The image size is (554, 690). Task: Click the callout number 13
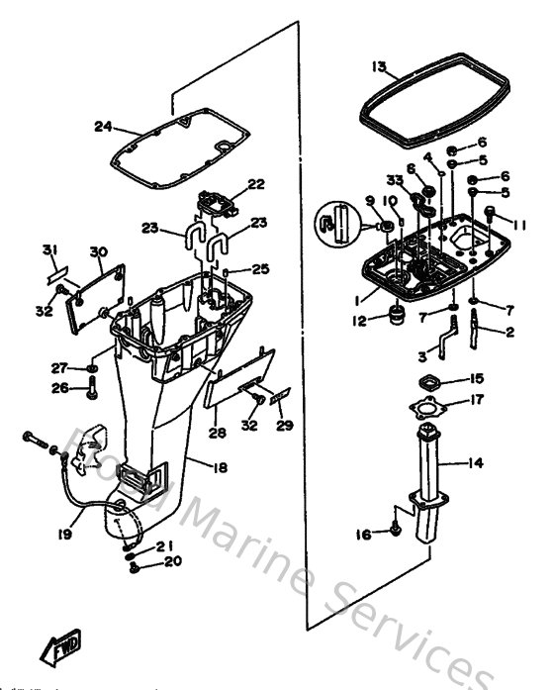pyautogui.click(x=378, y=67)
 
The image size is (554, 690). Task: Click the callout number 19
pyautogui.click(x=65, y=535)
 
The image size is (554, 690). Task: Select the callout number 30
pyautogui.click(x=97, y=253)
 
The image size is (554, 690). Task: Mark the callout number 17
pyautogui.click(x=477, y=400)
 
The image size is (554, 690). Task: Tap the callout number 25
pyautogui.click(x=259, y=268)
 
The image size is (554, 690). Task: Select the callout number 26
pyautogui.click(x=60, y=388)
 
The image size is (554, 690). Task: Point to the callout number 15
pyautogui.click(x=476, y=378)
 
